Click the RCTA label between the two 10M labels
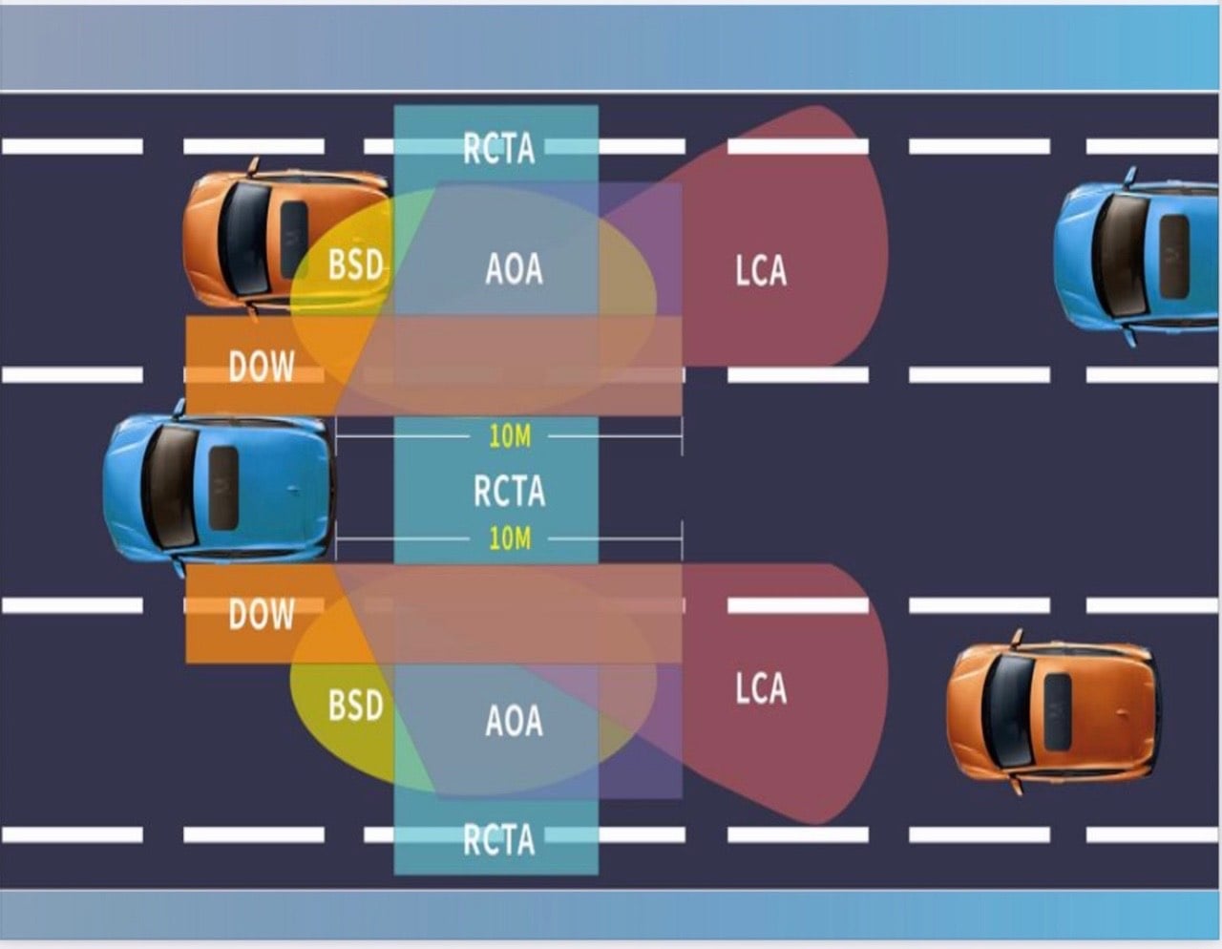point(509,491)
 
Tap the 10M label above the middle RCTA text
point(509,437)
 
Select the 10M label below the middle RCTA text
point(509,538)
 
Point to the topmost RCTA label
point(498,148)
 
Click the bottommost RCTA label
point(498,839)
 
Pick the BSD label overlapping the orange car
point(355,264)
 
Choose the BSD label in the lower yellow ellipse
point(355,706)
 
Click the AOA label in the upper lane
point(514,269)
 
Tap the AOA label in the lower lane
point(514,721)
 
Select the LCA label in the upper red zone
point(761,271)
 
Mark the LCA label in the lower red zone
point(761,688)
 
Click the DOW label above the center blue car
point(262,366)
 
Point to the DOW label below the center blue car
point(262,614)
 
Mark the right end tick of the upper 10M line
point(682,437)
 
